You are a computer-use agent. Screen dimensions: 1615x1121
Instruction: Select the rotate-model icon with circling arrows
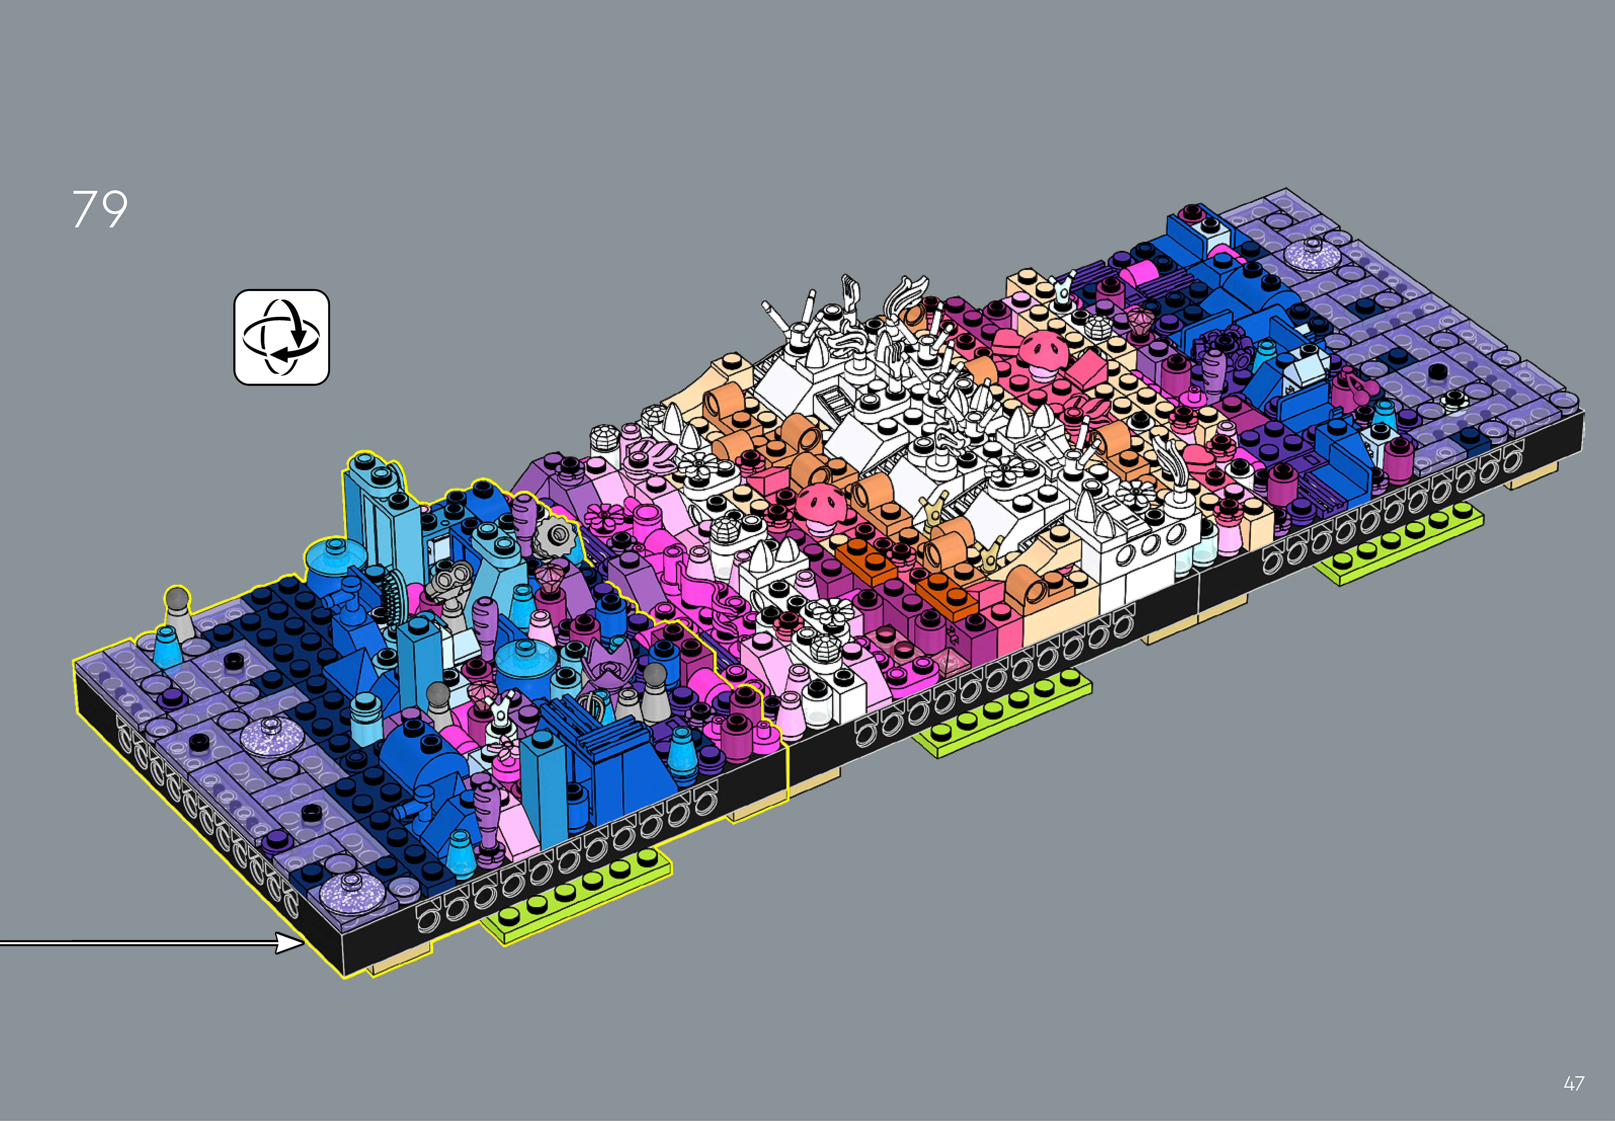tap(282, 337)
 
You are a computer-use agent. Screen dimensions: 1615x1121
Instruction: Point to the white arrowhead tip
tap(304, 943)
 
